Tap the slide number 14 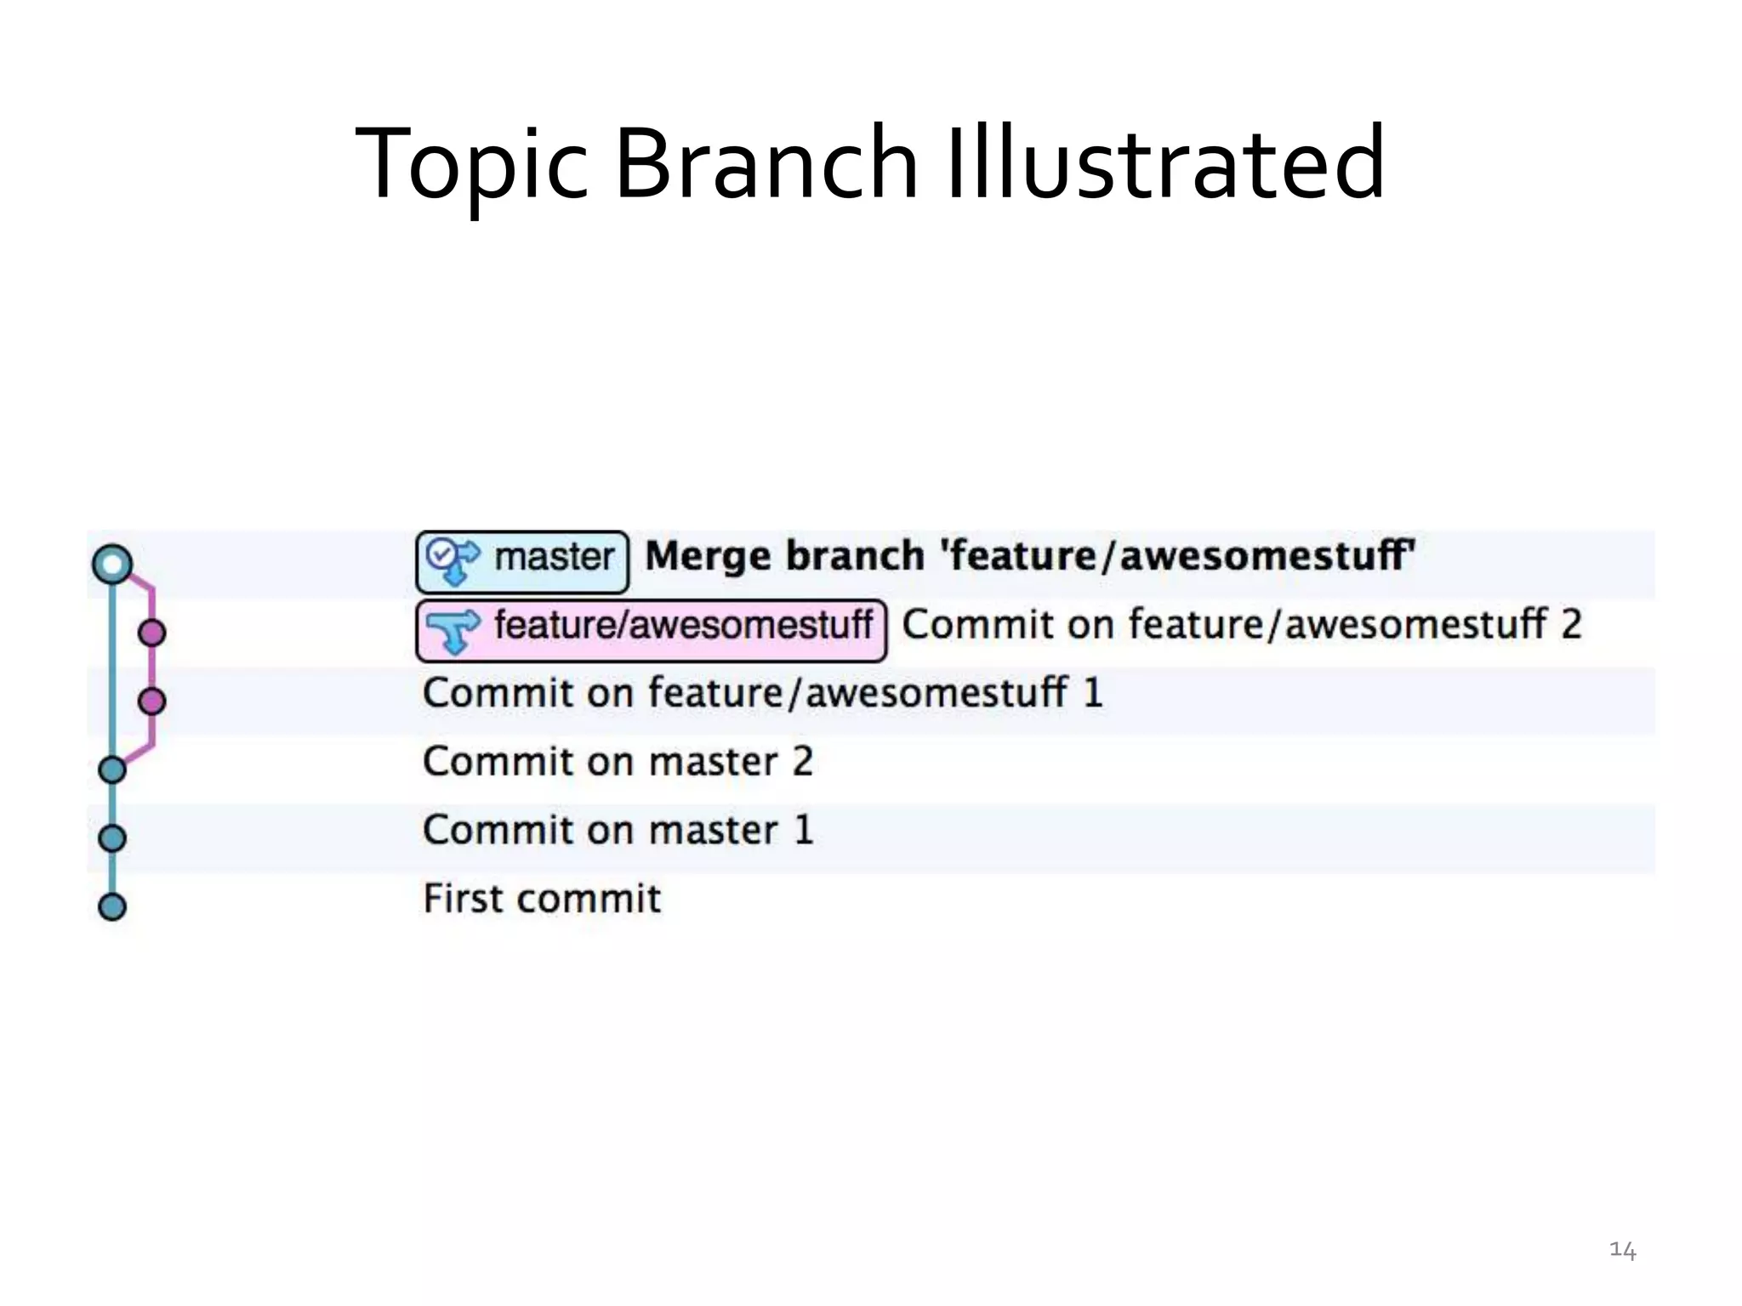coord(1622,1250)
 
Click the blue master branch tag coord(522,561)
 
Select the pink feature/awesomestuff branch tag coord(651,630)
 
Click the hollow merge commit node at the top coord(112,565)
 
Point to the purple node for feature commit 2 coord(152,633)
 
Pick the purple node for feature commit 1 coord(152,701)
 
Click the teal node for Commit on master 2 coord(112,770)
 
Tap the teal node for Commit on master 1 coord(112,838)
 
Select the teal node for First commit coord(112,906)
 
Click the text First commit coord(542,899)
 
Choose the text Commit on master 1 coord(618,830)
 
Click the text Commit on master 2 coord(618,762)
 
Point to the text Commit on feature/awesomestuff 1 coord(762,693)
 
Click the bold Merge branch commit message coord(1029,556)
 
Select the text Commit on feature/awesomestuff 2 coord(1241,625)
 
